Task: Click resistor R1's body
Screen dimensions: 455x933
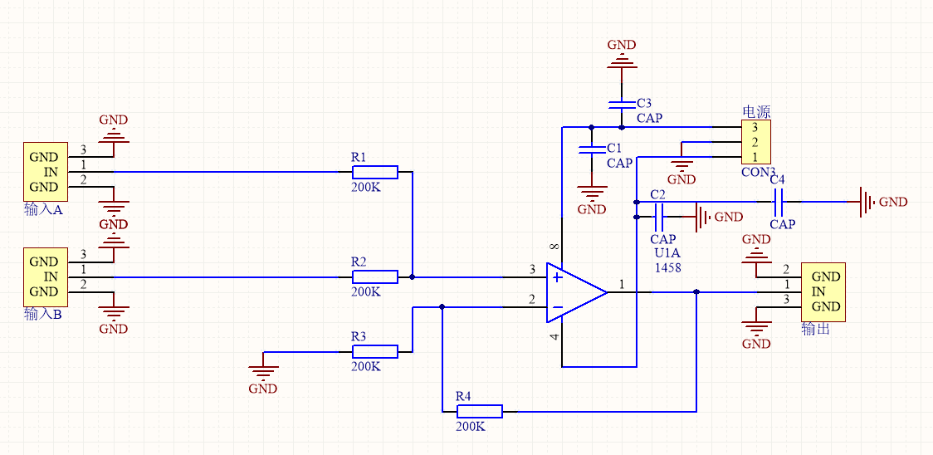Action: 374,172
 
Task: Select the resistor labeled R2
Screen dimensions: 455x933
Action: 374,276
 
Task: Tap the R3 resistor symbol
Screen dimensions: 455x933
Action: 374,352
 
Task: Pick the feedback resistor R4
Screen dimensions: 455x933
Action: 479,411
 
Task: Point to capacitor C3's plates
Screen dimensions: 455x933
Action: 622,105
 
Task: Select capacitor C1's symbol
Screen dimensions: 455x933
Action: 591,150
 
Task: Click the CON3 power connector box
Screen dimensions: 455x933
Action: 755,142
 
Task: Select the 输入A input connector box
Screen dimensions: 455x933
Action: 44,172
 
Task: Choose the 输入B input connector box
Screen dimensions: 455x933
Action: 44,276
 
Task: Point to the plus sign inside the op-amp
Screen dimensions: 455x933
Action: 557,276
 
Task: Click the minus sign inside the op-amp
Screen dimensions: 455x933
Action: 557,307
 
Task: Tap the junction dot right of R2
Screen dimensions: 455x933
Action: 413,276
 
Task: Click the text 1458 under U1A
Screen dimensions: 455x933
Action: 667,267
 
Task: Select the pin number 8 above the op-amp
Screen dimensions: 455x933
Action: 554,247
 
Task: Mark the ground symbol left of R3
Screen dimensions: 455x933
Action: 263,366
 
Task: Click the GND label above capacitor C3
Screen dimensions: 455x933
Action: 622,45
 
